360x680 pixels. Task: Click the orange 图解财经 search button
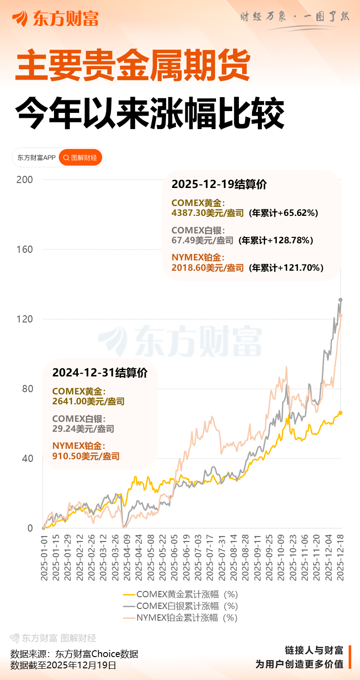81,157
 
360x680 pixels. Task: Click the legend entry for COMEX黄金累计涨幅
180,594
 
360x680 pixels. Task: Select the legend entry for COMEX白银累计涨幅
180,606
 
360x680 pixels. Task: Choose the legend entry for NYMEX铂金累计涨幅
180,617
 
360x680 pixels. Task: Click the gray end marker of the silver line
341,300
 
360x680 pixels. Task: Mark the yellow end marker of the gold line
340,412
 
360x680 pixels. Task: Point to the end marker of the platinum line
340,316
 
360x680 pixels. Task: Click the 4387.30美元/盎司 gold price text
207,213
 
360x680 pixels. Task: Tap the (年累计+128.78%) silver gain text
275,240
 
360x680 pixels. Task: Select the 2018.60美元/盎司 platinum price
207,268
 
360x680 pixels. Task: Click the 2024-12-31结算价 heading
100,373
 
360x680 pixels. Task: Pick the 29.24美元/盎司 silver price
83,429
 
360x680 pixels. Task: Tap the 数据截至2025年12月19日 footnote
63,665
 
